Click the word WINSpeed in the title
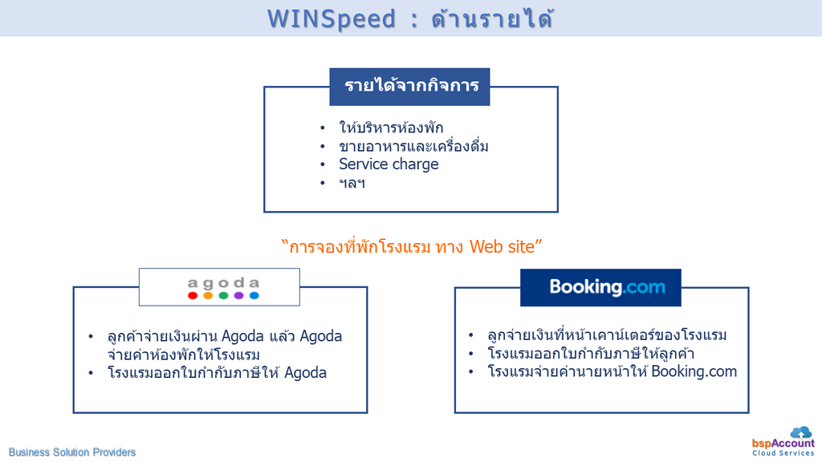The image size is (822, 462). (x=332, y=19)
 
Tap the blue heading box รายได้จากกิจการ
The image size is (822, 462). (x=409, y=87)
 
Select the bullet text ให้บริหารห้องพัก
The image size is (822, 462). (x=391, y=128)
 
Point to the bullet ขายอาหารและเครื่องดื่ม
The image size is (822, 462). (x=413, y=146)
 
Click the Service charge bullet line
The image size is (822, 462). (x=389, y=164)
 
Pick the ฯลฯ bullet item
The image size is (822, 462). (x=352, y=184)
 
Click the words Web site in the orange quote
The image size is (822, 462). (x=503, y=246)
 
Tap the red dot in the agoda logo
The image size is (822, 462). (x=193, y=295)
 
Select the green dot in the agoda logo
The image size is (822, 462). (x=223, y=295)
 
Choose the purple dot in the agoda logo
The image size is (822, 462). (x=238, y=295)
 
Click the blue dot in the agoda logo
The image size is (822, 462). (x=254, y=295)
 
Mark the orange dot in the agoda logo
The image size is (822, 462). (x=208, y=295)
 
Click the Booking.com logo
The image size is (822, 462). (x=600, y=288)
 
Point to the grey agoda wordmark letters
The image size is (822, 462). (x=223, y=283)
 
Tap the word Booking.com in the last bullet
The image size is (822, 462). (x=694, y=371)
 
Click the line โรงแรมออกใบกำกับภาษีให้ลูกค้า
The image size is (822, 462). (x=591, y=354)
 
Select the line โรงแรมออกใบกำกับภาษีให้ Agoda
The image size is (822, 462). (x=217, y=373)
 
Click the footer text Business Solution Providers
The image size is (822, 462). (x=71, y=452)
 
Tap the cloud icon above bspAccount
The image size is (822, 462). (x=801, y=432)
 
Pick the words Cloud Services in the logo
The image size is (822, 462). (x=783, y=453)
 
